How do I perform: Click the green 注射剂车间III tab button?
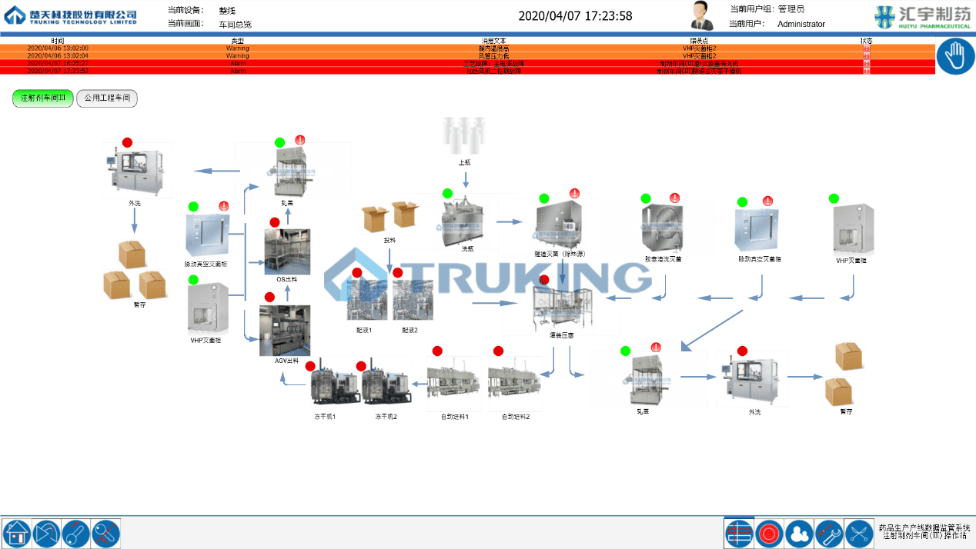43,98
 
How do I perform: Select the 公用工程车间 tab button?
107,98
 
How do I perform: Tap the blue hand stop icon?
955,57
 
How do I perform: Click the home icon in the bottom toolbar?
16,533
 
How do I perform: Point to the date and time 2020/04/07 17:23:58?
575,16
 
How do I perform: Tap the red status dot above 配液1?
357,273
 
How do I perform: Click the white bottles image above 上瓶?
465,136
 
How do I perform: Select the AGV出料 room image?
285,330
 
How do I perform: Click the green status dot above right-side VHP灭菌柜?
834,198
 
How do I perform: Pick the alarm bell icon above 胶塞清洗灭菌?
675,198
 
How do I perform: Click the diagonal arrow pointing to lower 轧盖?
711,329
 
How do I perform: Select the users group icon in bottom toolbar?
798,533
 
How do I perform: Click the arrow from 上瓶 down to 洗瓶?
466,179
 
